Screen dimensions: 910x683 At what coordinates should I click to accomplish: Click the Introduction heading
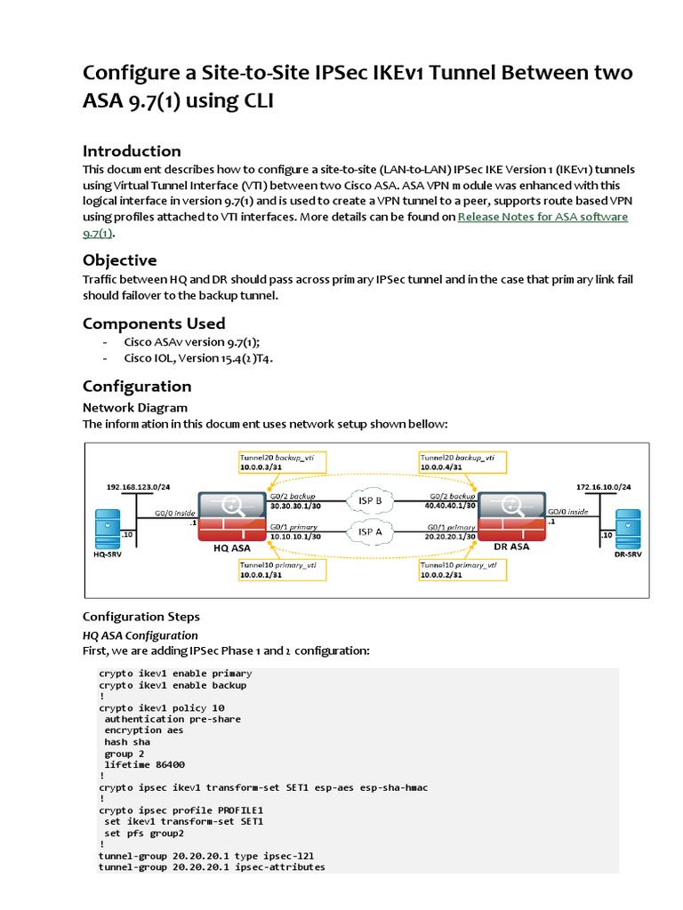tap(132, 150)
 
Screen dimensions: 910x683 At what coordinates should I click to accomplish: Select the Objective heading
tap(119, 259)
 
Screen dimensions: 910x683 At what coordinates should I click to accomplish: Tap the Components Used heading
tap(154, 323)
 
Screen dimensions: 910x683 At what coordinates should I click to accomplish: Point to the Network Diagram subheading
tap(135, 407)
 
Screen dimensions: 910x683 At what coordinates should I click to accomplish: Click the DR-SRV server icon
tap(628, 529)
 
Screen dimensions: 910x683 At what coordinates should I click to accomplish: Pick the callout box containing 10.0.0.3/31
tap(281, 460)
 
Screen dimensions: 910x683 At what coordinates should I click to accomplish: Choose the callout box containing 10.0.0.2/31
tap(462, 569)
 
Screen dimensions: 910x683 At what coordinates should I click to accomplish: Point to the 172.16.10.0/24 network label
tap(603, 487)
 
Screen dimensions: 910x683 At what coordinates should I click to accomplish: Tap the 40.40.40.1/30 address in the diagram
tap(450, 505)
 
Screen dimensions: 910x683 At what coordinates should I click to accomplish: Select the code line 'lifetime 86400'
tap(145, 764)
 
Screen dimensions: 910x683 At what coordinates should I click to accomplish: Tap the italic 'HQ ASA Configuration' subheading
tap(141, 635)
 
